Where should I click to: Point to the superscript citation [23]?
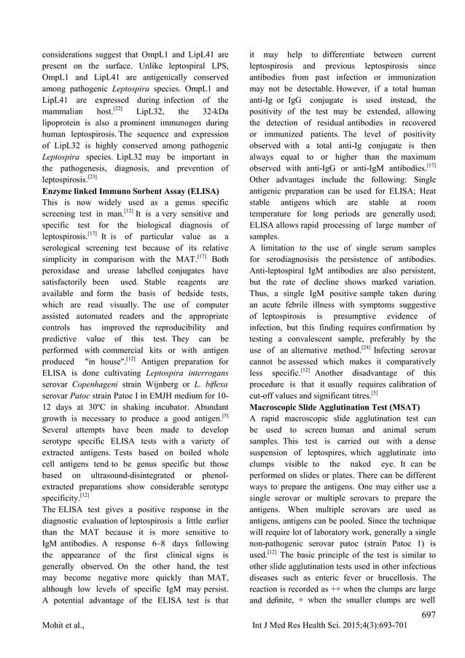click(93, 175)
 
